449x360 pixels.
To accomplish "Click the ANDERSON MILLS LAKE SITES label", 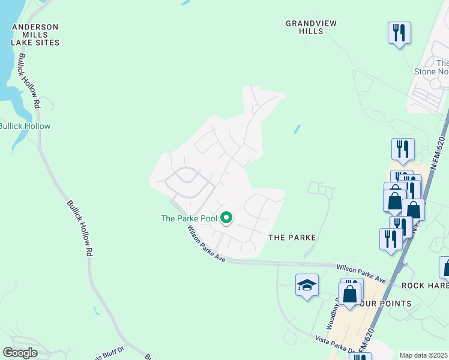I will click(35, 35).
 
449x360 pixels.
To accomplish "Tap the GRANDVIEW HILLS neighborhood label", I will click(311, 27).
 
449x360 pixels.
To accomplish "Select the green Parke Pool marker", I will click(226, 218).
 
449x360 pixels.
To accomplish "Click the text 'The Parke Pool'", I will click(188, 218).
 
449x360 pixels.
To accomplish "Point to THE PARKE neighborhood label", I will click(292, 238).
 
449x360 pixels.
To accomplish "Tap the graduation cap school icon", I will click(307, 286).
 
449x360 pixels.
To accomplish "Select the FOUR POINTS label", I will click(384, 304).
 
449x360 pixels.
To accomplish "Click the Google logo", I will click(20, 353).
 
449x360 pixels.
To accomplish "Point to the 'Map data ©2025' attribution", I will click(424, 355).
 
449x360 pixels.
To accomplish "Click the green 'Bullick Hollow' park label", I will click(25, 126).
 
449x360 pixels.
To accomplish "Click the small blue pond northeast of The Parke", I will click(297, 129).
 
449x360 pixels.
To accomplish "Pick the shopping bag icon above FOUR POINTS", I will click(350, 295).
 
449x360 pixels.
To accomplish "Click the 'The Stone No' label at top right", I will click(432, 68).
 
